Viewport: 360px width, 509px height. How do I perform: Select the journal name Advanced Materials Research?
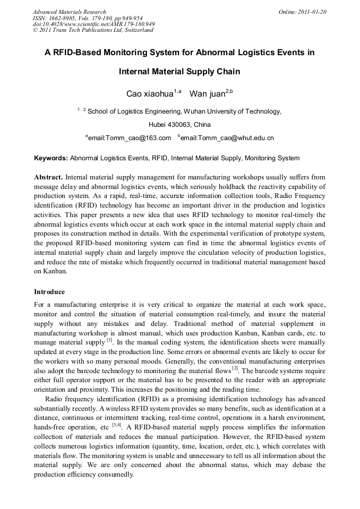[x=69, y=11]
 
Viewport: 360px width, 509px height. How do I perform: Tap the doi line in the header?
[x=93, y=24]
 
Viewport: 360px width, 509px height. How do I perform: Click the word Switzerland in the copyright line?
[x=139, y=30]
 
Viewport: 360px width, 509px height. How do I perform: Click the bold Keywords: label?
[x=51, y=158]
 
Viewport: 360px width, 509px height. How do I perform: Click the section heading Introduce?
[x=49, y=292]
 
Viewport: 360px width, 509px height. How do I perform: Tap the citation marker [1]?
[x=109, y=340]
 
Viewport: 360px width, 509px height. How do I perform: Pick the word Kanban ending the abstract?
[x=56, y=271]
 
